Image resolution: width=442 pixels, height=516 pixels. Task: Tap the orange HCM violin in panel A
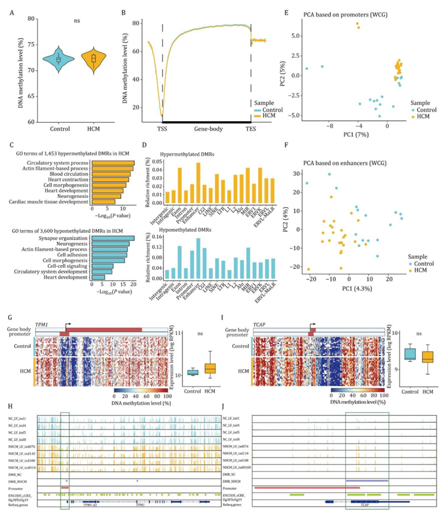(x=91, y=59)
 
